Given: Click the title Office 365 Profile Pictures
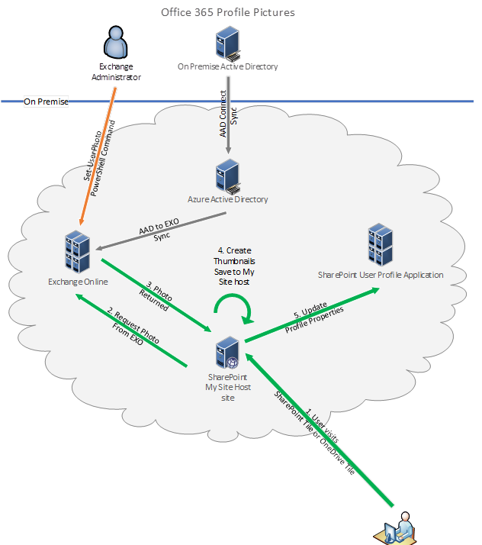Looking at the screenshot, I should click(x=227, y=13).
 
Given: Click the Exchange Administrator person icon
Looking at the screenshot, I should click(x=115, y=43).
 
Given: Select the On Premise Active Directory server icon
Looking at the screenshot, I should click(x=227, y=44).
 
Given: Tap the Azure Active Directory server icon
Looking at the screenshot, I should click(x=227, y=176).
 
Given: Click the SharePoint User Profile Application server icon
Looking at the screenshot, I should click(x=380, y=243).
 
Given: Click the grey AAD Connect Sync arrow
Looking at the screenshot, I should click(x=227, y=114).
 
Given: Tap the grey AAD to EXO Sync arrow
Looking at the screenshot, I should click(x=160, y=231).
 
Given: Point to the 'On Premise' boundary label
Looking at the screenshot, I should click(x=46, y=102).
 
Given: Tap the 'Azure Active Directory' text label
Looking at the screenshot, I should click(x=227, y=200).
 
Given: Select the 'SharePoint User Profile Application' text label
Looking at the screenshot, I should click(x=380, y=275).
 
